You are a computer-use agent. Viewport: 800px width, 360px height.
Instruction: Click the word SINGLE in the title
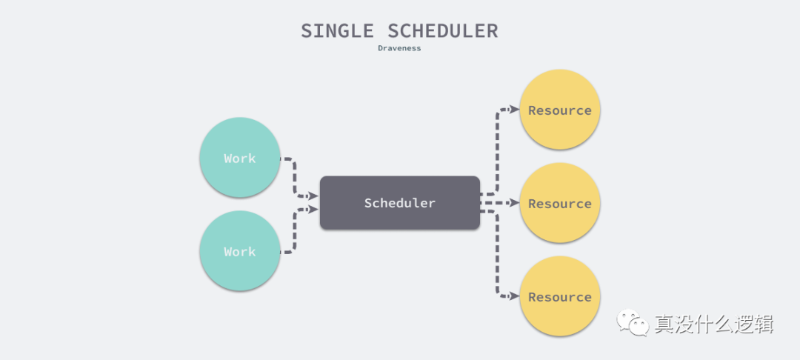(337, 31)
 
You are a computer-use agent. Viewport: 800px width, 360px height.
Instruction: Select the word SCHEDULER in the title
(443, 31)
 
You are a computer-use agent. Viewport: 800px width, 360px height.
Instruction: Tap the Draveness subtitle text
(399, 48)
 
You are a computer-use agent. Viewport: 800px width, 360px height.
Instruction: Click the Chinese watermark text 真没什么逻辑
(713, 324)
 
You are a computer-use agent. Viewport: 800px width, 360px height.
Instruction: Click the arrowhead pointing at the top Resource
(514, 110)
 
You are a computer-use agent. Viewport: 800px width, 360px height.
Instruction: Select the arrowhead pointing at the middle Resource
(514, 202)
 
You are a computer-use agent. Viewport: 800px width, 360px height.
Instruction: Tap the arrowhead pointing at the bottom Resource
(514, 296)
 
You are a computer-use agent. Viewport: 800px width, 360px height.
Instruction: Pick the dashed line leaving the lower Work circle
(295, 233)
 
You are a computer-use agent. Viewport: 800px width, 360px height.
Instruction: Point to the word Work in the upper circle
(239, 158)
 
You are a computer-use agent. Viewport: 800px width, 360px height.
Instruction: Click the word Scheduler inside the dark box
(400, 203)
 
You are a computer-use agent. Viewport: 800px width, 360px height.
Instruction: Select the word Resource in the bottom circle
(560, 297)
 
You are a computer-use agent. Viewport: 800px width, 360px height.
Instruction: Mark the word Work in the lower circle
(239, 252)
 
